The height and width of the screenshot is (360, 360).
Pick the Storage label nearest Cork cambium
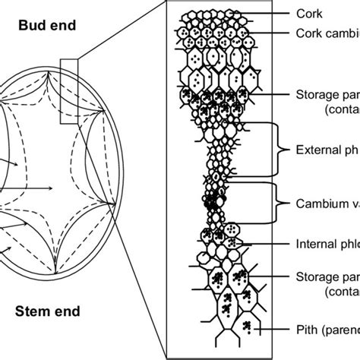click(x=327, y=95)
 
